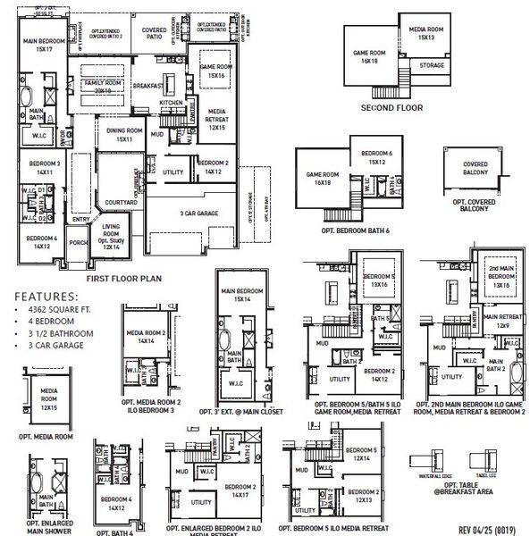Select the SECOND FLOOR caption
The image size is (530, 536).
click(x=391, y=107)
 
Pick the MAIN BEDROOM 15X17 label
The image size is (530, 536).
click(x=43, y=45)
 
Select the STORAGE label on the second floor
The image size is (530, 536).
click(x=432, y=65)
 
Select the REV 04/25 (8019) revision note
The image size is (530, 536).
click(x=485, y=528)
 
